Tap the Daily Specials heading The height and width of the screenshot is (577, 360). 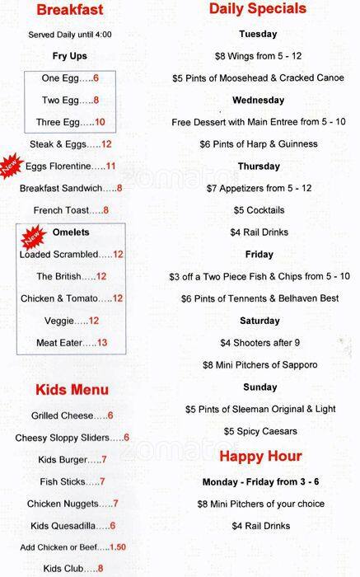(258, 9)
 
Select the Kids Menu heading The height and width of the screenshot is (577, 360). (71, 389)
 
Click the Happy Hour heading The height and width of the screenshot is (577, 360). (259, 456)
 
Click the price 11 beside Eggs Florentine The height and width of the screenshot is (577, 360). (110, 167)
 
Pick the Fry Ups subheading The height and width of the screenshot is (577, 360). (69, 56)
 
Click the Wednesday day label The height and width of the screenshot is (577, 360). (258, 101)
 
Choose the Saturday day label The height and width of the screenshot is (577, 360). (259, 321)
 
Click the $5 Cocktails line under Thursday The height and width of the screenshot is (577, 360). (259, 210)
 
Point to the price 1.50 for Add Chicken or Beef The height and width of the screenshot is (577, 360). (118, 547)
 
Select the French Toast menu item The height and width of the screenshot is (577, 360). (59, 211)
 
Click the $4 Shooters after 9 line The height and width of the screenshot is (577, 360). (259, 343)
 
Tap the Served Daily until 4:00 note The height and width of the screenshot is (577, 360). (69, 35)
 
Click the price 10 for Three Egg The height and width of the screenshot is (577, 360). (100, 122)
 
